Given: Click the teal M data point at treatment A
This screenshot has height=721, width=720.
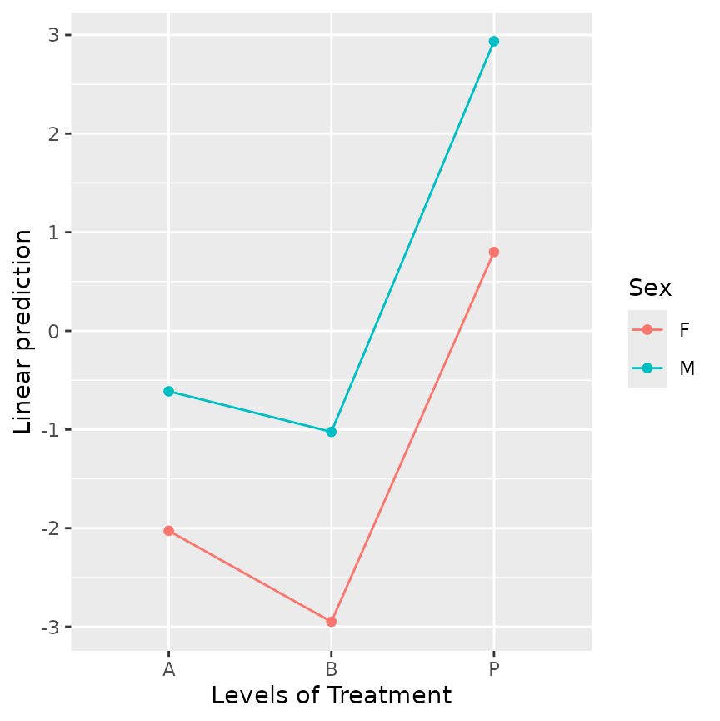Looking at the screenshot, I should (168, 391).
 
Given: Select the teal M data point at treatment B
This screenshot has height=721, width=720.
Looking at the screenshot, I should (331, 432).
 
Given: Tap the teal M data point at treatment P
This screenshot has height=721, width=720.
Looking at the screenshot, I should (493, 41).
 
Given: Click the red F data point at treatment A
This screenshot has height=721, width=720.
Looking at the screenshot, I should (168, 531).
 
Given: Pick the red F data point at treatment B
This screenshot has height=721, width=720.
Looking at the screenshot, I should (331, 622).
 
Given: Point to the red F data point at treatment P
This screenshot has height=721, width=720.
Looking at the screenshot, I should (493, 252).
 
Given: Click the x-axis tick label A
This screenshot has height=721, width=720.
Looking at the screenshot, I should (168, 669).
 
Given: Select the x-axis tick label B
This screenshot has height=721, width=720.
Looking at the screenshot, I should (331, 669).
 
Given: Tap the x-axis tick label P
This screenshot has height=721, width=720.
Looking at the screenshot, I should (493, 669).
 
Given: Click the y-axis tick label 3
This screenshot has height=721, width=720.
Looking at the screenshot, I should (54, 35).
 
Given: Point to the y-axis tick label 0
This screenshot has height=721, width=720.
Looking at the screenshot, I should (54, 331).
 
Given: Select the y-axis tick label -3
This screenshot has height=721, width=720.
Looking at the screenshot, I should (51, 628).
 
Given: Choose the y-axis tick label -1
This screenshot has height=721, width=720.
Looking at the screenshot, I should (51, 430).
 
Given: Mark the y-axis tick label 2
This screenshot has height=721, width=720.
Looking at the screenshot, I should (54, 133).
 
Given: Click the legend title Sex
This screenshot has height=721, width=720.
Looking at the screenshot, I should (650, 288).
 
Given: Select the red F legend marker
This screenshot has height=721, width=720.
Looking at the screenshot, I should (647, 329).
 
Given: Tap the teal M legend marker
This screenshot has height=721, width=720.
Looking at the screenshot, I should (647, 368).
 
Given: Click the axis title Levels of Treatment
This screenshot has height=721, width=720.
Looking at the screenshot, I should (331, 696).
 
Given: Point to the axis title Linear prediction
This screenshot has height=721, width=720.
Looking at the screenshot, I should (23, 331).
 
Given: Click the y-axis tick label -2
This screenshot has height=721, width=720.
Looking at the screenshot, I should (51, 528).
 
